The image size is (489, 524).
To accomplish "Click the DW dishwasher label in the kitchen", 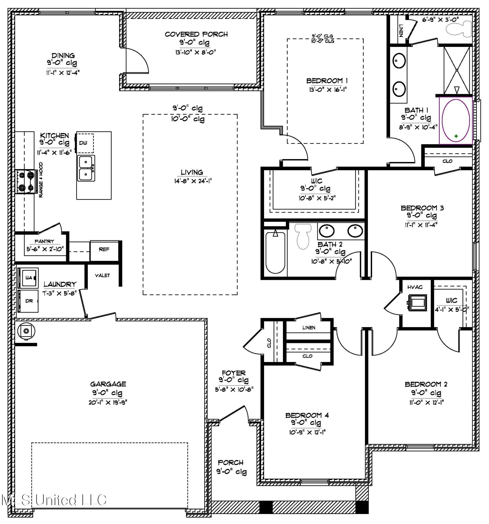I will pyautogui.click(x=83, y=143).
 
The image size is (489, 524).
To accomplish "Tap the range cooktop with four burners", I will pyautogui.click(x=26, y=181).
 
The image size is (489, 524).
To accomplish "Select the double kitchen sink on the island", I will pyautogui.click(x=86, y=168).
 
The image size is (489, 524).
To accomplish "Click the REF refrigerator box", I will pyautogui.click(x=104, y=249).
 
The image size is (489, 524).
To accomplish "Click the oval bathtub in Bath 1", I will pyautogui.click(x=455, y=121).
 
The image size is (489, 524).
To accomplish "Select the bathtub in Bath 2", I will pyautogui.click(x=275, y=252).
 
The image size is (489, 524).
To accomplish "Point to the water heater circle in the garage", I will pyautogui.click(x=26, y=331).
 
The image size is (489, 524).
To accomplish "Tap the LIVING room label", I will pyautogui.click(x=192, y=172).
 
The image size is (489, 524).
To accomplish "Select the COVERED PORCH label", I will pyautogui.click(x=196, y=34).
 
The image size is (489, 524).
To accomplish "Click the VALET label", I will pyautogui.click(x=102, y=275).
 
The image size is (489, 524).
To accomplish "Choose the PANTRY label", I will pyautogui.click(x=44, y=242).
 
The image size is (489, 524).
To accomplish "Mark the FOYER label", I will pyautogui.click(x=234, y=373).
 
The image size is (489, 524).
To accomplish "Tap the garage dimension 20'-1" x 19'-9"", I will pyautogui.click(x=108, y=402).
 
